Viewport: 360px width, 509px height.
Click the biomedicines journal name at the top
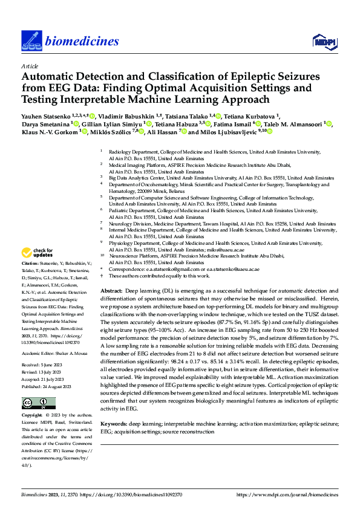[x=80, y=41]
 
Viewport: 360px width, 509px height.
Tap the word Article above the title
[x=30, y=66]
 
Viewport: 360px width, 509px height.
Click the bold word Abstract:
[x=113, y=291]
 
